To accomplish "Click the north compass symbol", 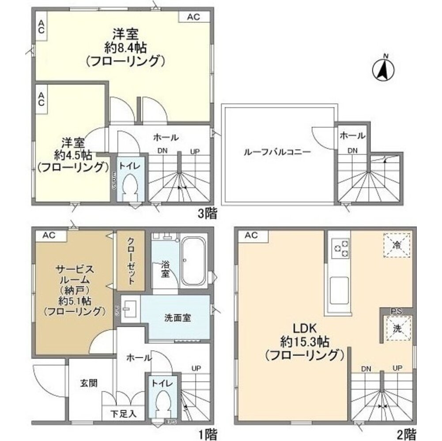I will (x=384, y=70).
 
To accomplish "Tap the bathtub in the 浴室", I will (x=193, y=262).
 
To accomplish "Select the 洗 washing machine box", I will (x=396, y=328).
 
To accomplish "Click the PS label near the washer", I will (x=396, y=311).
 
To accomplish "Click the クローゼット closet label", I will (x=131, y=261).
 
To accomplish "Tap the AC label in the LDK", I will (x=251, y=235).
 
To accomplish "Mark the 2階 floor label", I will (x=405, y=434).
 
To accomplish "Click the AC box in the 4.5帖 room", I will (x=41, y=99).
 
